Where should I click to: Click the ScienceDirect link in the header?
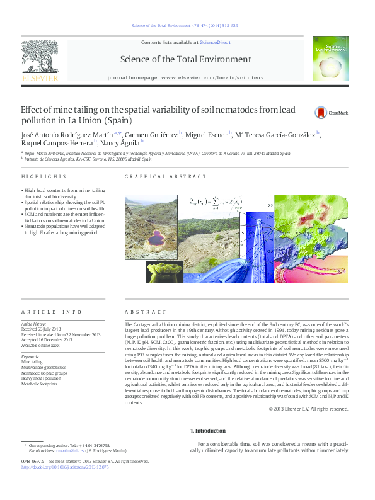pos(215,42)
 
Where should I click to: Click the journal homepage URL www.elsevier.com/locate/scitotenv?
pos(211,77)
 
